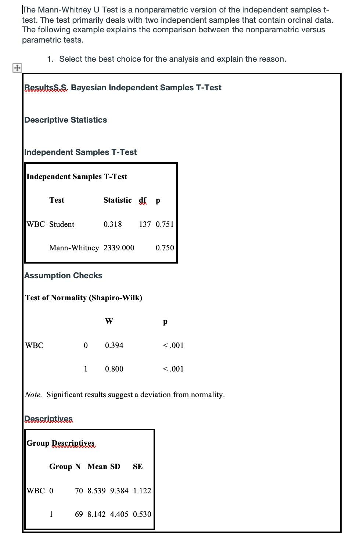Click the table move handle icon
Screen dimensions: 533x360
pyautogui.click(x=17, y=68)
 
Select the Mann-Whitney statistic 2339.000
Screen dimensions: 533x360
pyautogui.click(x=119, y=248)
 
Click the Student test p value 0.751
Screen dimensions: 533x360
pyautogui.click(x=165, y=224)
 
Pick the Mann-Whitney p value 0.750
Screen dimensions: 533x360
pyautogui.click(x=165, y=248)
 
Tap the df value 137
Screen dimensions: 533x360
pyautogui.click(x=145, y=224)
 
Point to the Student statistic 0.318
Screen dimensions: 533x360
pyautogui.click(x=112, y=224)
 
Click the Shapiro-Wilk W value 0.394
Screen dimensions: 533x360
pyautogui.click(x=114, y=345)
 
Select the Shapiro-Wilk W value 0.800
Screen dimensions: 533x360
pyautogui.click(x=114, y=369)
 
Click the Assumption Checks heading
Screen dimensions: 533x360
pyautogui.click(x=63, y=276)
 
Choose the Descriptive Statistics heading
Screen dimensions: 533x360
pyautogui.click(x=65, y=120)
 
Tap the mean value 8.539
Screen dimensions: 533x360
pyautogui.click(x=96, y=491)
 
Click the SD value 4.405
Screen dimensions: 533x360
pyautogui.click(x=119, y=514)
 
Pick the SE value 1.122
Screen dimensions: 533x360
pyautogui.click(x=142, y=491)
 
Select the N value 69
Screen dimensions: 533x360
pyautogui.click(x=79, y=514)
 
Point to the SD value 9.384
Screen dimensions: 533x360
pyautogui.click(x=119, y=491)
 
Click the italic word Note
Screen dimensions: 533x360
pyautogui.click(x=33, y=395)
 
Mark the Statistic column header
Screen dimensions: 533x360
pyautogui.click(x=117, y=200)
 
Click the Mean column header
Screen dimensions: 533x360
pyautogui.click(x=97, y=467)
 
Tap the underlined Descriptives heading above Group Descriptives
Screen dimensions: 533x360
pyautogui.click(x=48, y=419)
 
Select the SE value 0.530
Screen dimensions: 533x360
pyautogui.click(x=142, y=514)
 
